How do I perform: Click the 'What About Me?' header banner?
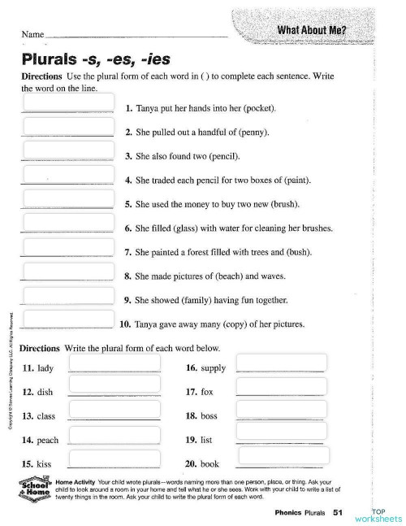(x=313, y=31)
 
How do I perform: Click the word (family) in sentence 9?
(x=197, y=299)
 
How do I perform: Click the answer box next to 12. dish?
(x=103, y=385)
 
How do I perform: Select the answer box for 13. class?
(x=103, y=409)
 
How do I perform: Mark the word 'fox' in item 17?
(x=206, y=392)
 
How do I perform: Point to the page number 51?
(x=339, y=512)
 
